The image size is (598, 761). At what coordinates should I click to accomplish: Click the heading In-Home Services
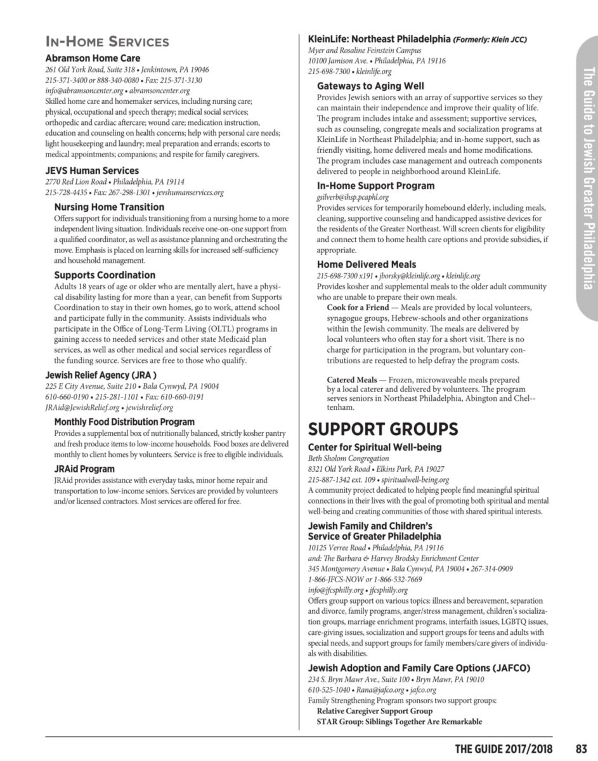(x=107, y=42)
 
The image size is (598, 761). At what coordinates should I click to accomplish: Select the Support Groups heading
(x=382, y=429)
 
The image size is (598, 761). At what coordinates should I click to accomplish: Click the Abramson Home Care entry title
(x=93, y=58)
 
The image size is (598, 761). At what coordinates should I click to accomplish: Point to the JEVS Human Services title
(x=92, y=171)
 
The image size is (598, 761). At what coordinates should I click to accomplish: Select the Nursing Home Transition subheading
(x=109, y=207)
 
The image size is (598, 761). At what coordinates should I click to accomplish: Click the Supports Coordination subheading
(x=105, y=275)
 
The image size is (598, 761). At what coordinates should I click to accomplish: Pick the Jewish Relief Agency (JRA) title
(x=101, y=374)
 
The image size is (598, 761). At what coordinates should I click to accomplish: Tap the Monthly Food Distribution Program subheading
(x=124, y=422)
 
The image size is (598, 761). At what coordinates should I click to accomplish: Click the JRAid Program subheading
(x=84, y=469)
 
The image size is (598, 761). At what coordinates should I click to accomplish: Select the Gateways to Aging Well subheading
(x=370, y=86)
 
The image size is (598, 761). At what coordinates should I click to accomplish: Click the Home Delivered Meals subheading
(x=367, y=264)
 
